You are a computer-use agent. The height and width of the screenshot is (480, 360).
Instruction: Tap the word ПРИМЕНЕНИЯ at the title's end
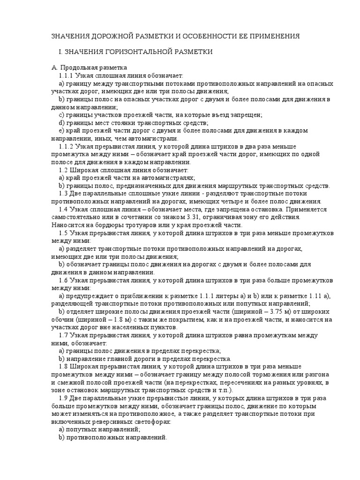(x=272, y=36)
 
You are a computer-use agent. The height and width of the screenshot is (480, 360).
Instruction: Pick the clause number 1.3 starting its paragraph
(x=64, y=193)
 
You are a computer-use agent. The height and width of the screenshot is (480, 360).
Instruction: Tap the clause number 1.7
(x=64, y=336)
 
